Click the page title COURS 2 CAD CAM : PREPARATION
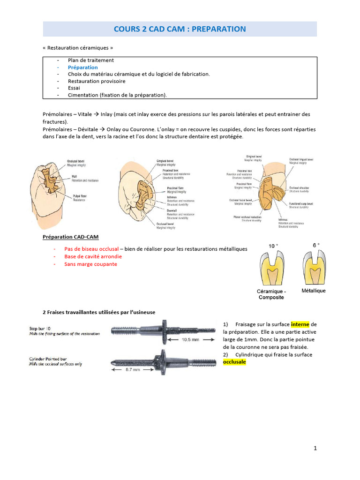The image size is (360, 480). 180,29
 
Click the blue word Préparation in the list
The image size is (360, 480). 82,67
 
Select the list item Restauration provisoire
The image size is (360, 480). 97,81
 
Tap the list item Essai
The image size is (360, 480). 74,88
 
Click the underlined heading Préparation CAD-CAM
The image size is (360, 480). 70,237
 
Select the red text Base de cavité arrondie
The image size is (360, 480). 93,256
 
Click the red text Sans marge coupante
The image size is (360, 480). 90,264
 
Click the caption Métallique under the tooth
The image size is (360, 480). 313,291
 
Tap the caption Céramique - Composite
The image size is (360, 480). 271,294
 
